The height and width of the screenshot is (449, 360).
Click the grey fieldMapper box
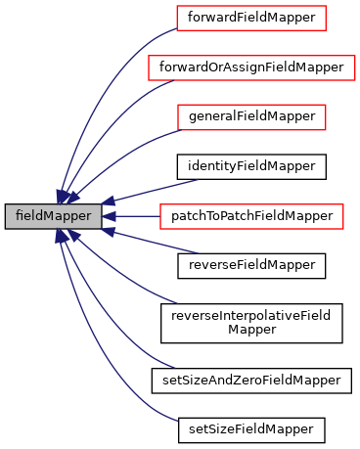pyautogui.click(x=53, y=216)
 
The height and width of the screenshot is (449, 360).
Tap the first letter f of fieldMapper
pyautogui.click(x=18, y=216)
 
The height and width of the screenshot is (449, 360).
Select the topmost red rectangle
pyautogui.click(x=250, y=18)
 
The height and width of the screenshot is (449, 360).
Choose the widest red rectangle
pyautogui.click(x=251, y=67)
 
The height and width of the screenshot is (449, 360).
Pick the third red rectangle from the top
pyautogui.click(x=251, y=117)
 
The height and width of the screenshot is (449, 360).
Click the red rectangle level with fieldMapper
pyautogui.click(x=251, y=216)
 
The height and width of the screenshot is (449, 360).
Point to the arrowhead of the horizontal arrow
pyautogui.click(x=109, y=216)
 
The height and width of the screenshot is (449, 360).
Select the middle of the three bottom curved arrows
pyautogui.click(x=108, y=323)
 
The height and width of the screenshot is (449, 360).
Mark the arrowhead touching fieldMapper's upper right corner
pyautogui.click(x=108, y=202)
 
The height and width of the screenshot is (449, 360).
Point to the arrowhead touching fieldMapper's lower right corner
pyautogui.click(x=109, y=232)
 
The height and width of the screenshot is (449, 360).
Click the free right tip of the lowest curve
pyautogui.click(x=177, y=421)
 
